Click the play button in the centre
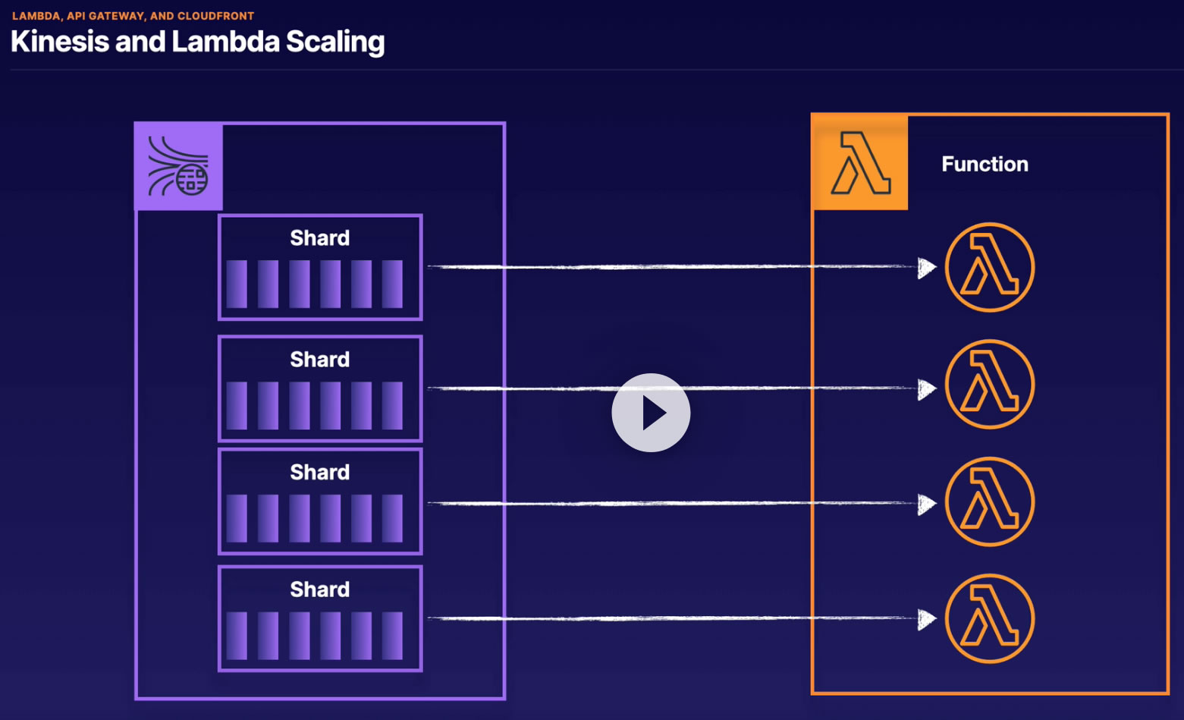(651, 412)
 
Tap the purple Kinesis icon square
(179, 166)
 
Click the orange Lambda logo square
(860, 162)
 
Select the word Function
(985, 164)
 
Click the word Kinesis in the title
(60, 42)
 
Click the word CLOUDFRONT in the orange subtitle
(215, 16)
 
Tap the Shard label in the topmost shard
(320, 238)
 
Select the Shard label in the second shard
(320, 360)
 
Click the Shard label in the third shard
(320, 472)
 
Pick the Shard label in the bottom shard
(320, 590)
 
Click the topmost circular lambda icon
(990, 267)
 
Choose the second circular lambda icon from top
(990, 384)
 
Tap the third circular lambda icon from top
(990, 501)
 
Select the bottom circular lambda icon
(990, 618)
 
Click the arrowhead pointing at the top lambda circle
(927, 268)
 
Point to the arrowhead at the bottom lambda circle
(927, 620)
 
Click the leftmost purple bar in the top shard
(237, 284)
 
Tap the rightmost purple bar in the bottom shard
(392, 636)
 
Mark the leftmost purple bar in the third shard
(237, 519)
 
